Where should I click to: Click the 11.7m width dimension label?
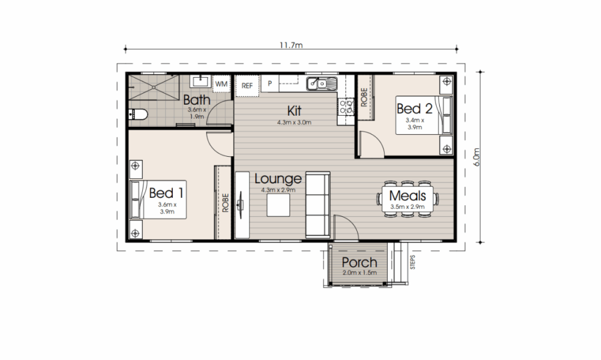[291, 45]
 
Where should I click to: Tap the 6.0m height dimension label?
[477, 157]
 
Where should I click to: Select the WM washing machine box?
[221, 84]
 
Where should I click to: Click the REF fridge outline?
[247, 86]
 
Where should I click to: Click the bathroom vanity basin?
[200, 81]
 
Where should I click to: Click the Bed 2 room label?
[414, 109]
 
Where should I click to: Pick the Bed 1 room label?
[167, 193]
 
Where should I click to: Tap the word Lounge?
[278, 179]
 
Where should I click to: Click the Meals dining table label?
[407, 196]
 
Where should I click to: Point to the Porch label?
[359, 262]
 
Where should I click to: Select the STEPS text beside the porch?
[413, 262]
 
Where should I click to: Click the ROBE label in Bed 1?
[225, 203]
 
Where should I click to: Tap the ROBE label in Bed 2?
[364, 97]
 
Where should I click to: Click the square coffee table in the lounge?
[278, 205]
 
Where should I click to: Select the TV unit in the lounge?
[242, 205]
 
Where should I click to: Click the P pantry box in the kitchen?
[270, 83]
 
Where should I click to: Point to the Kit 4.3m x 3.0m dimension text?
[294, 122]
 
